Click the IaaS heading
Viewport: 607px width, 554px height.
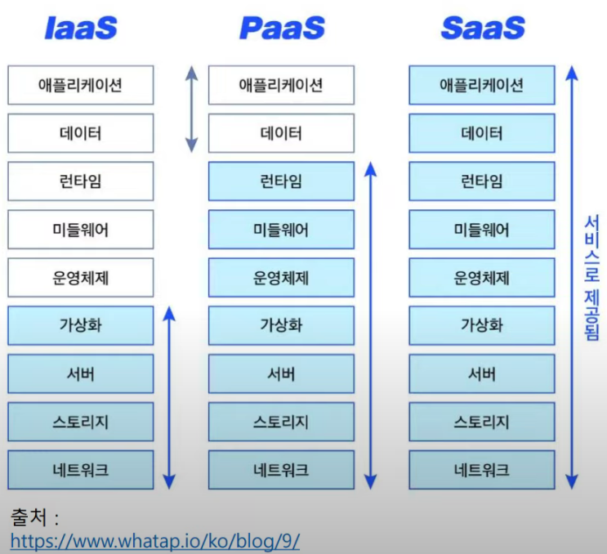coord(80,28)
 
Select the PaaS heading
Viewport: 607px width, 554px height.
coord(282,28)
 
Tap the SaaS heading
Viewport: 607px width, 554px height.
coord(483,28)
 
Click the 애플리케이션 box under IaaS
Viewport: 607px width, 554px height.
coord(80,85)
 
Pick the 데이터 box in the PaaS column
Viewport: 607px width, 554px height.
coord(281,133)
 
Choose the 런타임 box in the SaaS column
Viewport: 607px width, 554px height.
coord(482,181)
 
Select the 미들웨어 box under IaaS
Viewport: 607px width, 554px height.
coord(80,230)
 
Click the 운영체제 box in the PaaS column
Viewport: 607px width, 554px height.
coord(281,278)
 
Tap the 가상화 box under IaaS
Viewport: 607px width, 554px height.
coord(80,325)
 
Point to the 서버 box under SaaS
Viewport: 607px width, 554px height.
coord(482,373)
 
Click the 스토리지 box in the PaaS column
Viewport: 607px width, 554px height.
coord(281,422)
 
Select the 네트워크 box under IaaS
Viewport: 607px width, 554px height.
coord(80,470)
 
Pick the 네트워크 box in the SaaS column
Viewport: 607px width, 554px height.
coord(482,470)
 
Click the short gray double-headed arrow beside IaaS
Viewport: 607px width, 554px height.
coord(191,109)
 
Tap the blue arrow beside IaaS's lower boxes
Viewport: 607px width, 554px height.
coord(169,397)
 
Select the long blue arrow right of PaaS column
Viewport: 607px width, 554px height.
coord(371,325)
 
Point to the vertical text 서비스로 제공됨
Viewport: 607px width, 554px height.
coord(591,278)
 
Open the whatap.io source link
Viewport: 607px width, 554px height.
coord(154,541)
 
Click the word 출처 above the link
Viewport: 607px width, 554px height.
coord(29,518)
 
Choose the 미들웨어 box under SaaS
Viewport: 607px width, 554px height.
coord(482,230)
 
